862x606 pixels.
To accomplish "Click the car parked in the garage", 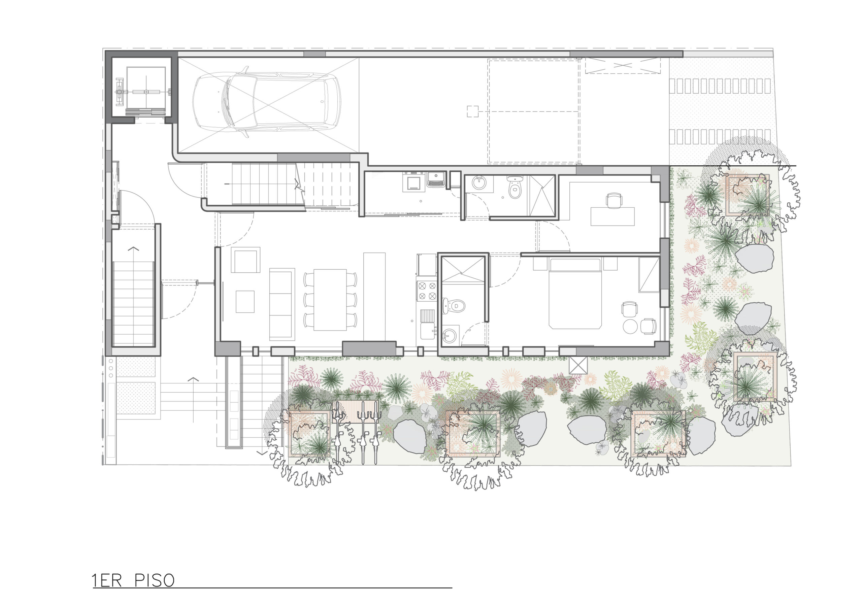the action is [x=267, y=102].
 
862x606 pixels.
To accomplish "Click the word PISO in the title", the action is [x=154, y=580].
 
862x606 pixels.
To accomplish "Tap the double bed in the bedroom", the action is [x=575, y=294].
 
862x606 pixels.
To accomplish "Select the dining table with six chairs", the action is [x=330, y=300].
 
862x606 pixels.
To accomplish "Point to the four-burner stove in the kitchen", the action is [x=427, y=291].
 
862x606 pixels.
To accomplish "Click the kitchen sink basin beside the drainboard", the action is [x=428, y=330].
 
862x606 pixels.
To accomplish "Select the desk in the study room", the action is [x=612, y=216].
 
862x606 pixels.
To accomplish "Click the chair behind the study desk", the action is [x=614, y=200].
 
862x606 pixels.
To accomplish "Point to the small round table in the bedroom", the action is [x=630, y=326].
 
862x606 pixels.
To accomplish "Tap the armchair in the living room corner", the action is [x=245, y=260].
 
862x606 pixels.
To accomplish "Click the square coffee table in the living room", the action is [x=245, y=302].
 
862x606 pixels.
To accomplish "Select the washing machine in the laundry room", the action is [x=411, y=182].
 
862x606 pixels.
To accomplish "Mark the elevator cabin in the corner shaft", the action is [x=146, y=92].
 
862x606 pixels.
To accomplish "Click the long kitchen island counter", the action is [x=374, y=297].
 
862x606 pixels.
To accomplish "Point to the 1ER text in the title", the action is [x=107, y=580].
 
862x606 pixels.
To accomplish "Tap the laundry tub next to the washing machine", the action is [x=435, y=180].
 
